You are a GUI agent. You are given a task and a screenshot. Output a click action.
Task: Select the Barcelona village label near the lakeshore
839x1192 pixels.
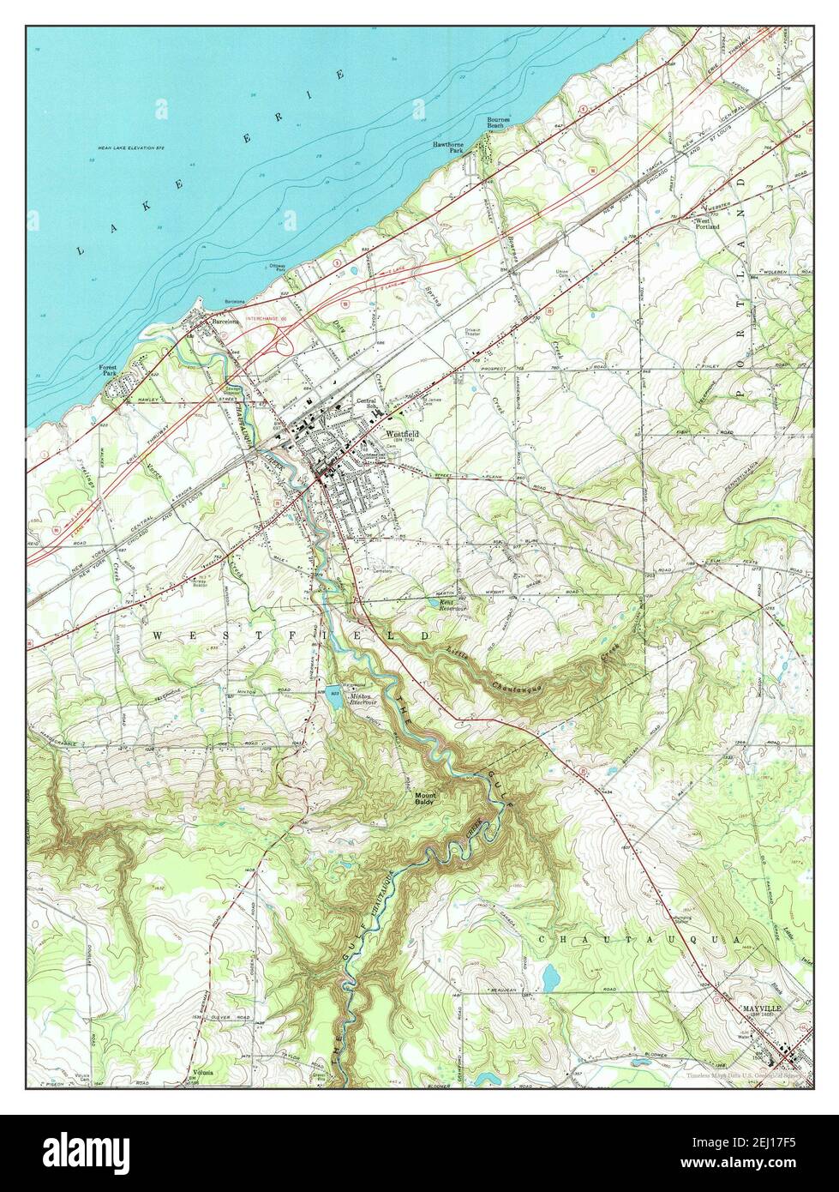coord(226,321)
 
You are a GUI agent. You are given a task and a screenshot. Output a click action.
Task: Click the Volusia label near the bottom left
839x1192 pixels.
coord(203,1073)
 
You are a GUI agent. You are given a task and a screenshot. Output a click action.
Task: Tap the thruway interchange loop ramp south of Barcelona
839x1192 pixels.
coord(282,341)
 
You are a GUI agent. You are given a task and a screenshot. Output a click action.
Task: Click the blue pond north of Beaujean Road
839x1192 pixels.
coord(549,976)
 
